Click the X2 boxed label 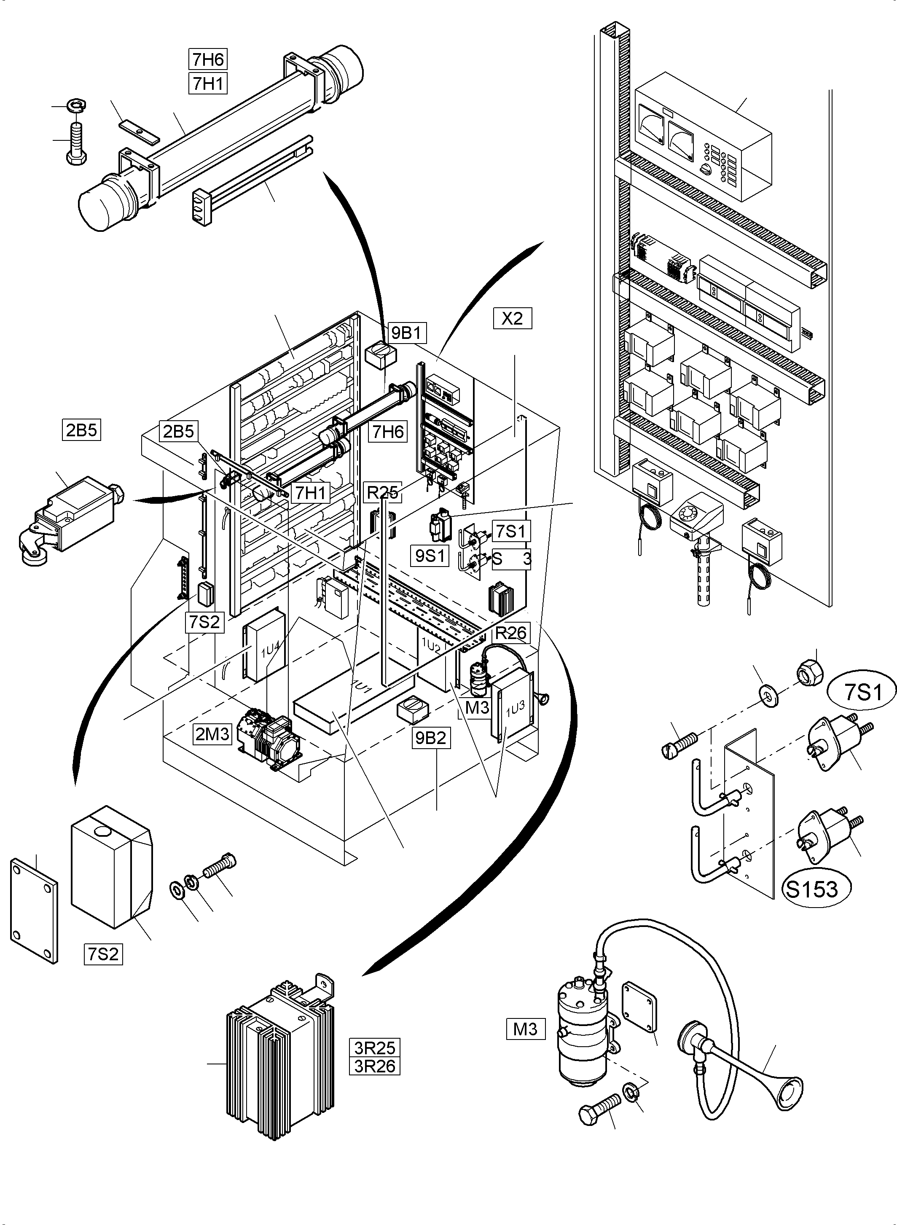click(x=512, y=318)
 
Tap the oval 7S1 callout click(x=863, y=692)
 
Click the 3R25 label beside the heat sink click(x=375, y=1048)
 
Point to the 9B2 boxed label click(x=431, y=738)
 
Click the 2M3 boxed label click(x=212, y=734)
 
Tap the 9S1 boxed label click(x=430, y=556)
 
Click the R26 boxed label click(x=511, y=633)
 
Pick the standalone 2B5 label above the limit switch click(x=81, y=430)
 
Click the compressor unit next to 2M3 click(x=266, y=736)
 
